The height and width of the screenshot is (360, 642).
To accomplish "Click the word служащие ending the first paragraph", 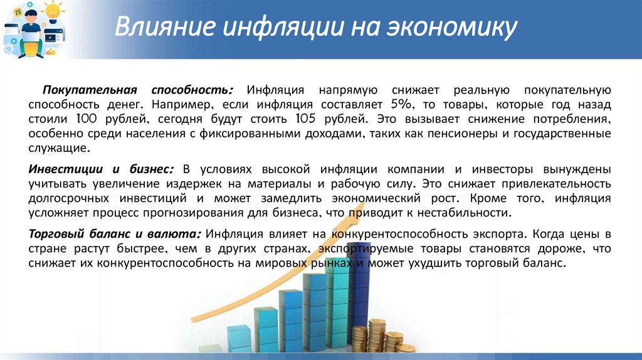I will click(x=59, y=148).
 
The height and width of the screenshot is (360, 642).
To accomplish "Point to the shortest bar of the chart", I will click(x=239, y=338).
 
